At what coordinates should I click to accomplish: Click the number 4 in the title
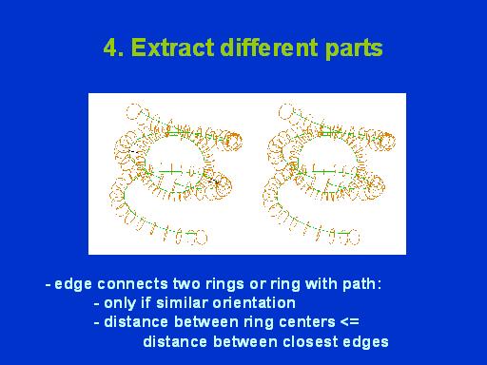tap(110, 48)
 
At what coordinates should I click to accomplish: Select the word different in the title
tap(269, 48)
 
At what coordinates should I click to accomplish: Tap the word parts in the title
tap(354, 49)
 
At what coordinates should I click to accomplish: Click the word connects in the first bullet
tap(132, 284)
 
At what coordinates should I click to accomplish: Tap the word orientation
tap(254, 302)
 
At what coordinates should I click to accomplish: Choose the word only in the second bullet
tap(120, 303)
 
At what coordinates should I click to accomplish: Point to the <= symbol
tap(350, 322)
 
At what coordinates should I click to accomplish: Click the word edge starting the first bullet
tap(73, 284)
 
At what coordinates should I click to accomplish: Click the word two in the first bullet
tap(186, 284)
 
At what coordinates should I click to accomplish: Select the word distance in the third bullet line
tap(136, 322)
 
